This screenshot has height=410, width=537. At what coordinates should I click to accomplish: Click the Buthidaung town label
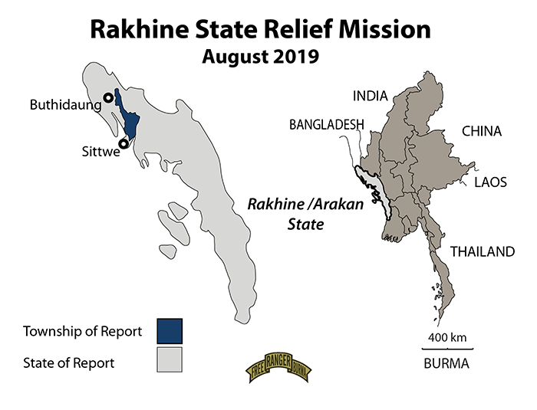(65, 104)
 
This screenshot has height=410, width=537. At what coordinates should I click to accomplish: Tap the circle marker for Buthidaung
(108, 98)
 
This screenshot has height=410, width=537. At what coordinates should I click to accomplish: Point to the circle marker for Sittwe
(123, 143)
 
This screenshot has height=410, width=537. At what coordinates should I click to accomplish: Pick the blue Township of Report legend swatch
(170, 331)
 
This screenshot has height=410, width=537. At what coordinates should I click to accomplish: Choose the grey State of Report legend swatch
(170, 360)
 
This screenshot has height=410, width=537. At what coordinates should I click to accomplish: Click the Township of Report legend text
(83, 332)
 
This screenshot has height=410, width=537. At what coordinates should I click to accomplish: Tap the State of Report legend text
(69, 362)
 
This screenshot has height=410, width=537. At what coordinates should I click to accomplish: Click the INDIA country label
(371, 96)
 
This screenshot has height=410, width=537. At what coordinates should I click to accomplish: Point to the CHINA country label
(481, 132)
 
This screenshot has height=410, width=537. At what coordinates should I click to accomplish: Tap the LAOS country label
(489, 182)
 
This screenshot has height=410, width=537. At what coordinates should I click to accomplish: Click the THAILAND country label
(481, 251)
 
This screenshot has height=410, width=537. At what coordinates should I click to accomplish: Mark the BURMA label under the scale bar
(446, 364)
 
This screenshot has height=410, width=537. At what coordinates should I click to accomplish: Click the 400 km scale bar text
(446, 337)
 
